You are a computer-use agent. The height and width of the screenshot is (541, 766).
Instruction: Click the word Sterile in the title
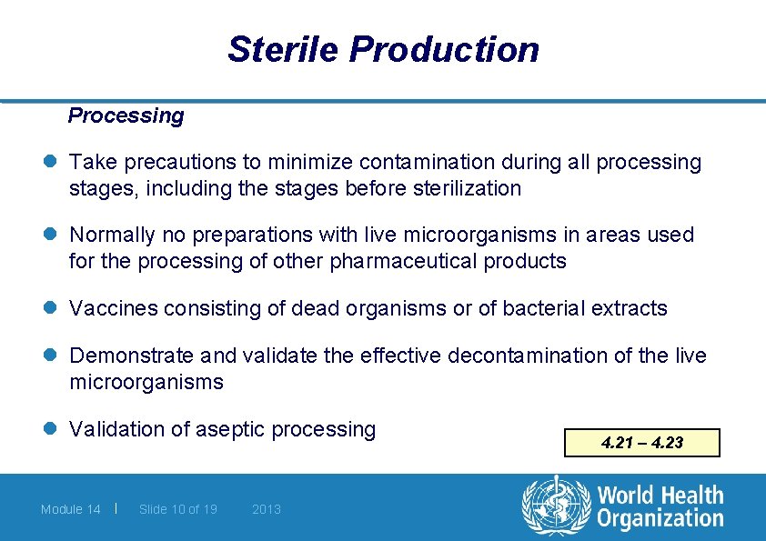pyautogui.click(x=283, y=49)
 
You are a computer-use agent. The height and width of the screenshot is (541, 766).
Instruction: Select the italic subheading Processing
pyautogui.click(x=126, y=115)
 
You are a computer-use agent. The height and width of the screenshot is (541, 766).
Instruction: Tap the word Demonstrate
pyautogui.click(x=131, y=356)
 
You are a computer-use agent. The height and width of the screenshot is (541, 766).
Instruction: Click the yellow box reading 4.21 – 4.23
pyautogui.click(x=641, y=443)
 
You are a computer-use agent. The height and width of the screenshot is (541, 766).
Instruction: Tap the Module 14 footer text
pyautogui.click(x=70, y=509)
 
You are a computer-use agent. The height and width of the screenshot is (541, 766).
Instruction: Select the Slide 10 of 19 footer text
pyautogui.click(x=177, y=509)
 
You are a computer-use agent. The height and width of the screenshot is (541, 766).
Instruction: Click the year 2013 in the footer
pyautogui.click(x=267, y=509)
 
